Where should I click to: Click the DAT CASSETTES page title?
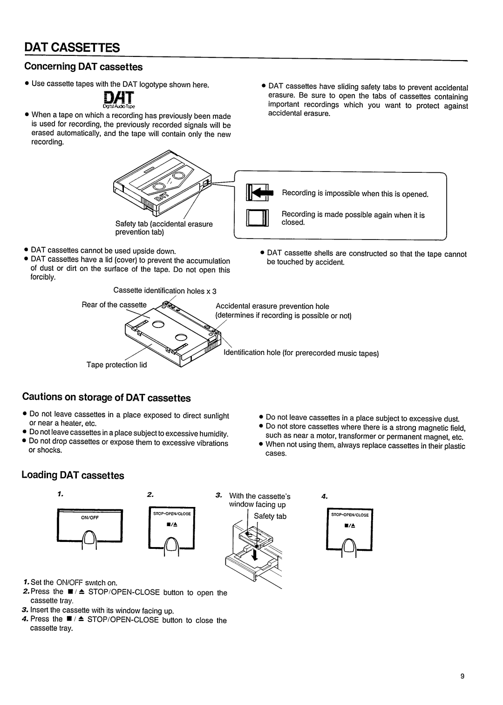tap(72, 48)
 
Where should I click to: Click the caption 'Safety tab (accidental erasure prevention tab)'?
tap(164, 228)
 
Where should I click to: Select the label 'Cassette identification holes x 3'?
tap(165, 291)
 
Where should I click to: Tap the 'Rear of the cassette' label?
tap(114, 305)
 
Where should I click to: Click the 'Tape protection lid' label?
tap(116, 365)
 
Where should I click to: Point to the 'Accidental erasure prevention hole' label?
tap(272, 306)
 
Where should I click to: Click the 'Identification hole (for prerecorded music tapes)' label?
tap(301, 353)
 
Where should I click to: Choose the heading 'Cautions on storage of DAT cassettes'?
tap(107, 397)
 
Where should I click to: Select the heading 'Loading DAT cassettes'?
tap(73, 475)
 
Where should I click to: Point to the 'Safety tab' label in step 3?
tap(270, 516)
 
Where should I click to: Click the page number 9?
tap(462, 677)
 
